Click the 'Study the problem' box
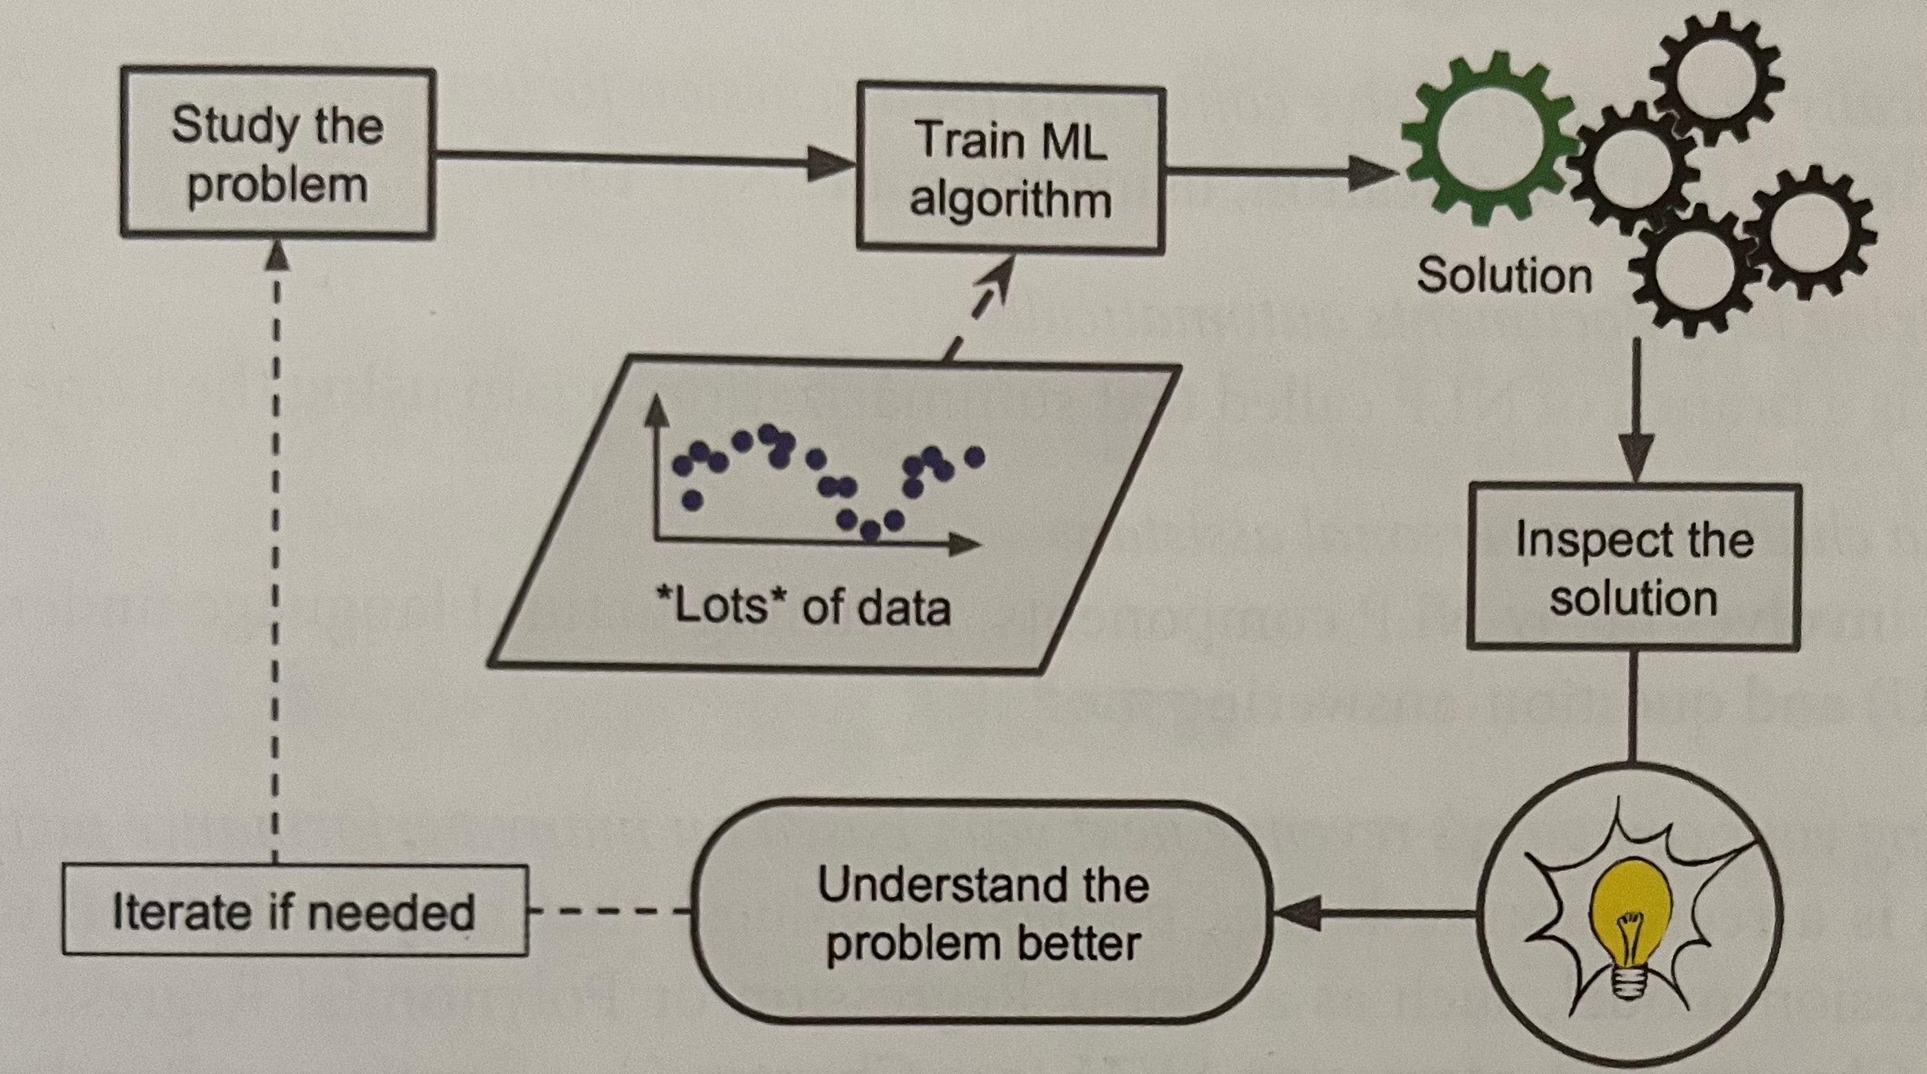coord(277,154)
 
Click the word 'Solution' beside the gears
coord(1503,275)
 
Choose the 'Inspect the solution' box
coord(1634,567)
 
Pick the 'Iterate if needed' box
coord(294,911)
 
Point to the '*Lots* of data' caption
coord(802,607)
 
